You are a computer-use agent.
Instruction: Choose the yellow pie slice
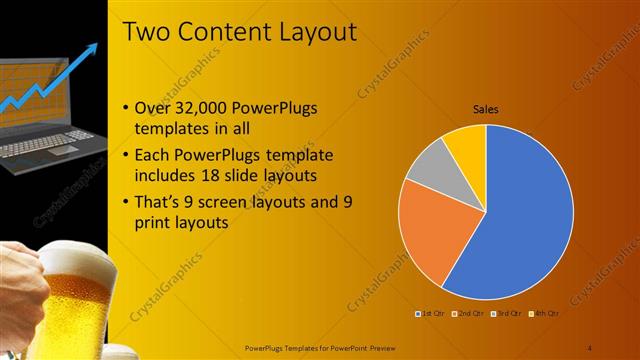467,143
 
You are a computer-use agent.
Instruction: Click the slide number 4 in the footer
590,347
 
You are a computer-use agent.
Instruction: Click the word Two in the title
145,32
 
